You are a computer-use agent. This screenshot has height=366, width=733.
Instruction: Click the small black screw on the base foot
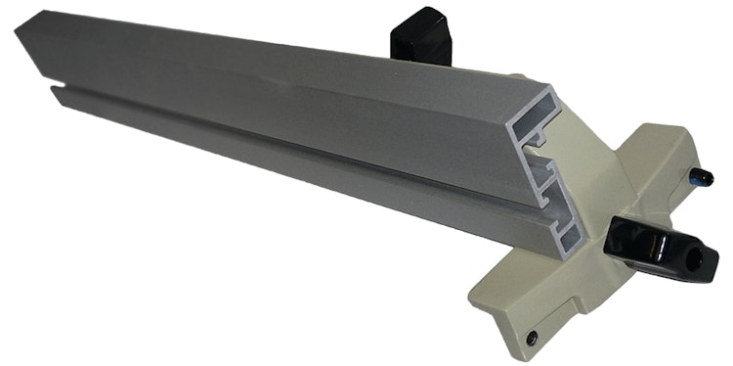click(531, 337)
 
